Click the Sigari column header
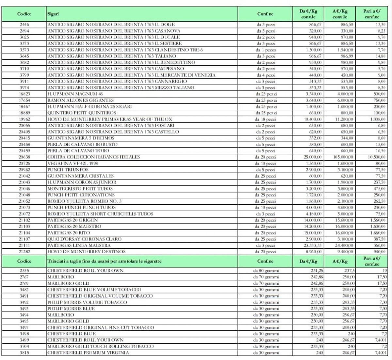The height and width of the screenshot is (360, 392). click(53, 14)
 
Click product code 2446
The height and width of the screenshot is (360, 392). click(24, 24)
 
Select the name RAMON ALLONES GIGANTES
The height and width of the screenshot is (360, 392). click(80, 100)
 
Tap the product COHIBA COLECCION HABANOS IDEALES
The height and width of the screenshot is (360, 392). click(93, 157)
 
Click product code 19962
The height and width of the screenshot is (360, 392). click(24, 119)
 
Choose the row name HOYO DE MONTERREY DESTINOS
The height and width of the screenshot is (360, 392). click(86, 252)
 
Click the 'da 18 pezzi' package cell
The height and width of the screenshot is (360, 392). click(265, 119)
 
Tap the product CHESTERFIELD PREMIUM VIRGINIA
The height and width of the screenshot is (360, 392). click(88, 352)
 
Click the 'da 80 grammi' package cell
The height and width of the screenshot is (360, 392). click(266, 271)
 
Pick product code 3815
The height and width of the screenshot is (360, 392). click(24, 352)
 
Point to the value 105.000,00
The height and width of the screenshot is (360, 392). click(342, 157)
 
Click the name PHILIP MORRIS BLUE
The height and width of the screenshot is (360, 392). click(71, 308)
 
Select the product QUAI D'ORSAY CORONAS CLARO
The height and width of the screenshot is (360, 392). click(84, 239)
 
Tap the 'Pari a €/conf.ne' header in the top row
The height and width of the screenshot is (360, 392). click(372, 14)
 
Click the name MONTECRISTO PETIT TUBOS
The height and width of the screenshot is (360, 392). click(80, 189)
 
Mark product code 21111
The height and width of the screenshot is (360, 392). click(24, 245)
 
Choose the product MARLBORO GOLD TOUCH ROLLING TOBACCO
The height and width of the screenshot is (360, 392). click(100, 346)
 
